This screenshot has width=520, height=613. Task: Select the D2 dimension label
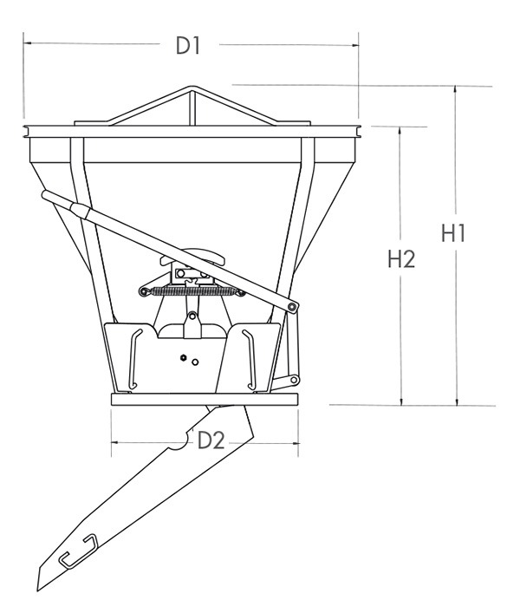(x=211, y=440)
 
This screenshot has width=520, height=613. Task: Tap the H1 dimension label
(x=456, y=234)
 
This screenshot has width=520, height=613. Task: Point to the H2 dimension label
(x=400, y=258)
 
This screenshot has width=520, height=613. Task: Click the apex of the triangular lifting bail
(x=192, y=87)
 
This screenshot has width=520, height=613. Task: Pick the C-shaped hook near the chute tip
(x=77, y=551)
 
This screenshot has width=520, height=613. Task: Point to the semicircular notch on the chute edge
(x=179, y=441)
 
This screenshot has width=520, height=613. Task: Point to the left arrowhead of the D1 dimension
(x=26, y=42)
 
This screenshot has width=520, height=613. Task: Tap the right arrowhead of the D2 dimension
(x=297, y=442)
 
